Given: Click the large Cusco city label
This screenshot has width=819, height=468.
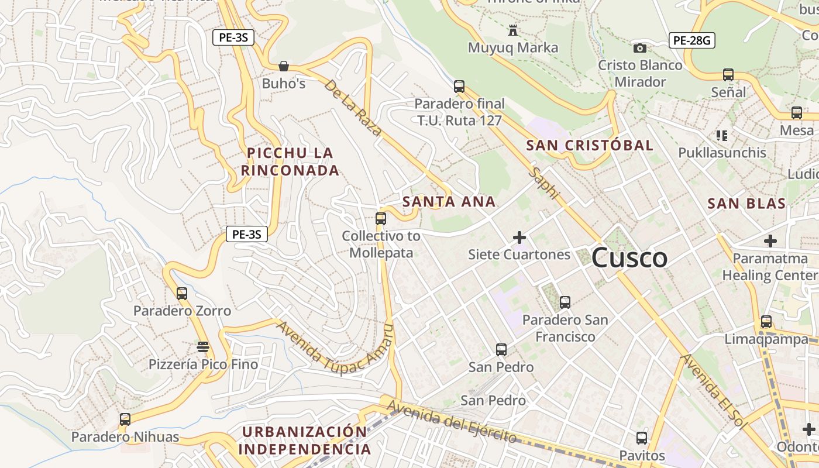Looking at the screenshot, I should click(x=629, y=258).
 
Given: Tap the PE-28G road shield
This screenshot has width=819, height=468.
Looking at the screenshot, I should click(x=692, y=40).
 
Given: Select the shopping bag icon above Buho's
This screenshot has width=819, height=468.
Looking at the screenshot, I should click(x=284, y=66).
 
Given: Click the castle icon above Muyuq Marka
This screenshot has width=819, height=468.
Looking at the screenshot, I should click(x=513, y=29).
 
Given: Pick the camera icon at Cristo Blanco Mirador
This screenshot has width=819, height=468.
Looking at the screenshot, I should click(x=640, y=48).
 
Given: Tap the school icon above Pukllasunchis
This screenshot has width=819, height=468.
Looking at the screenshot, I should click(x=722, y=136).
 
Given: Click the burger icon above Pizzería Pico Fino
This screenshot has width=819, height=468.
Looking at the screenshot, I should click(x=203, y=347).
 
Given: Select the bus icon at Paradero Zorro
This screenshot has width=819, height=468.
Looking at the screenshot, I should click(x=182, y=294).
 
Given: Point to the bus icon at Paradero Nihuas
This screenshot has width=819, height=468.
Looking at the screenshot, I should click(x=125, y=419).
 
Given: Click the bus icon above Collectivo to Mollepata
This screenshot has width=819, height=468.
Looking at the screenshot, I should click(x=381, y=219).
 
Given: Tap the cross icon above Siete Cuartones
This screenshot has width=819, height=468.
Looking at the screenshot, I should click(x=519, y=238).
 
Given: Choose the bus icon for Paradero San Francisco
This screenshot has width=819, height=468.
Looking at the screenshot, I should click(x=565, y=302).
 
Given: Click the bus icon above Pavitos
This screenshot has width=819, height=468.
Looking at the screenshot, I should click(x=642, y=438).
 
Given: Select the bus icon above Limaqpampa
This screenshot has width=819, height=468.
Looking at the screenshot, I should click(x=766, y=322).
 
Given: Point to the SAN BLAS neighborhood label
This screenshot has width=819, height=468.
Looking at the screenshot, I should click(x=746, y=204).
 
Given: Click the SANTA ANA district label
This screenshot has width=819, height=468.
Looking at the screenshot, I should click(x=449, y=202).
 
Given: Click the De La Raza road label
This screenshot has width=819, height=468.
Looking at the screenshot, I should click(x=353, y=108).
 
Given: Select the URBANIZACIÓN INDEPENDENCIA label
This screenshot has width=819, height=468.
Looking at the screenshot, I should click(x=305, y=441).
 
